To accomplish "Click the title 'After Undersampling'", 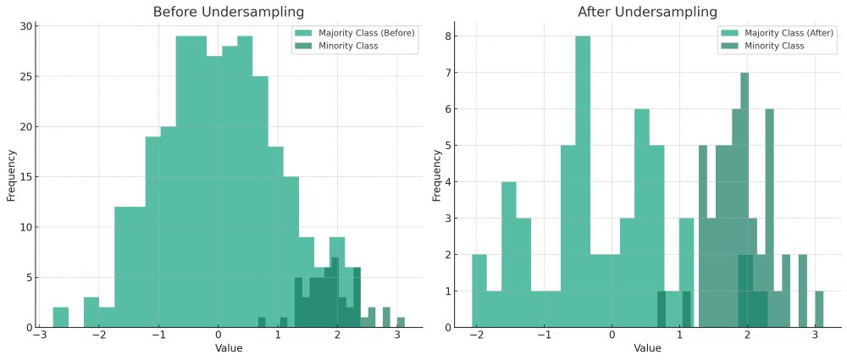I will (648, 12).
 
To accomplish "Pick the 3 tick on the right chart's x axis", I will (815, 335).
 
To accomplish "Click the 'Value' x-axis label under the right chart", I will (648, 348).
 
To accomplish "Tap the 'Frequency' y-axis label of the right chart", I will (437, 175).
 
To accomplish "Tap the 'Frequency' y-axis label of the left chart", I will (11, 175).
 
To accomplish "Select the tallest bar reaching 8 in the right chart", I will (582, 182).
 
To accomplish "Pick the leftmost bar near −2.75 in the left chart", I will (60, 318).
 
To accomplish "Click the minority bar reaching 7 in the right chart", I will (745, 200).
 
